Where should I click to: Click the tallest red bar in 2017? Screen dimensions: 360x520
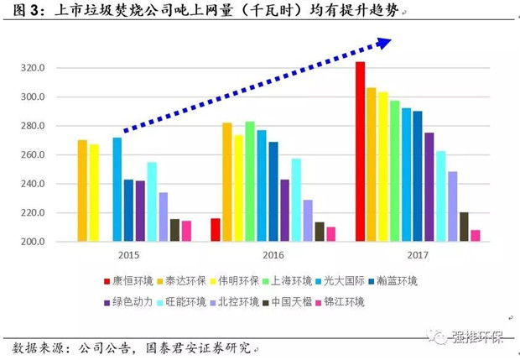360,152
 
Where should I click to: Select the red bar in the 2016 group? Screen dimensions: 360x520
216,230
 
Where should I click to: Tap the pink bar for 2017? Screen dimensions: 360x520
476,236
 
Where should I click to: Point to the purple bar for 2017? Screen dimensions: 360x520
429,187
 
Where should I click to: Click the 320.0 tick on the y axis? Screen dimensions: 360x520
43,69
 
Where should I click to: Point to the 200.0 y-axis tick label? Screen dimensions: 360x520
43,242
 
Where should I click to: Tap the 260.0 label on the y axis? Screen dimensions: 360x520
43,155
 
